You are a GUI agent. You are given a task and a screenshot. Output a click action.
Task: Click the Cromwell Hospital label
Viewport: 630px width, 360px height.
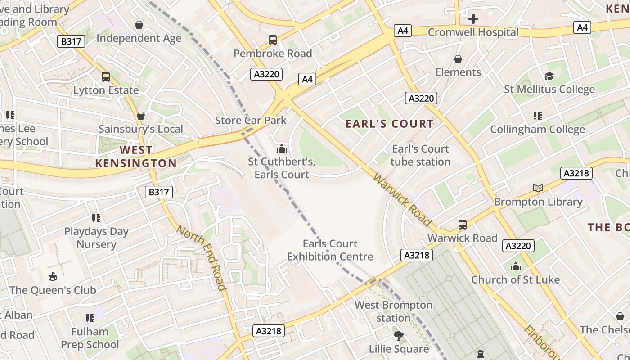[473, 32]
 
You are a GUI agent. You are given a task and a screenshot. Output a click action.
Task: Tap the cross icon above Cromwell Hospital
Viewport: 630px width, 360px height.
[473, 19]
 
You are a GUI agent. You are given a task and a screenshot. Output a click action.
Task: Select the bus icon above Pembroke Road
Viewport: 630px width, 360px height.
[273, 40]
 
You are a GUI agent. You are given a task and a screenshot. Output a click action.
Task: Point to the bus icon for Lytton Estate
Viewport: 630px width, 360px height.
[106, 77]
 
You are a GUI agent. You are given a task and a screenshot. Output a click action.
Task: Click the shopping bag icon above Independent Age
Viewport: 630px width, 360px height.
[139, 24]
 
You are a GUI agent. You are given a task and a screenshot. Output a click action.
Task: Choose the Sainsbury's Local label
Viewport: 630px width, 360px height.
[140, 129]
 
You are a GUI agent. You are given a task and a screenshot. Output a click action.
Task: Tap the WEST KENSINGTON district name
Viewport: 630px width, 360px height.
[136, 157]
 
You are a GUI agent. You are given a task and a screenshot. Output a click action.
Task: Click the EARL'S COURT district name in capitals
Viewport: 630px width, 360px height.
[390, 124]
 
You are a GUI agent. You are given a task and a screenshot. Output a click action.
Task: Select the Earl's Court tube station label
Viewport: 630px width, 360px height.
[420, 155]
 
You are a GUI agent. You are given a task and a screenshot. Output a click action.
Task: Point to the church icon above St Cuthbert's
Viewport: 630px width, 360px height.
[282, 148]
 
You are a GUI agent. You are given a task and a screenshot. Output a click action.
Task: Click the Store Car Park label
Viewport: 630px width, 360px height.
[251, 120]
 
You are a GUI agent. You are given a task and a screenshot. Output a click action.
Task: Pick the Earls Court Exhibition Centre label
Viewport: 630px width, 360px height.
[330, 250]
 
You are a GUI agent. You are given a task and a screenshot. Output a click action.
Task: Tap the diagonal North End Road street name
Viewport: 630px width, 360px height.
[201, 257]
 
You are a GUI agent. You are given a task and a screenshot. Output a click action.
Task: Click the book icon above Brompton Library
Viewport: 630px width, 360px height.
[538, 188]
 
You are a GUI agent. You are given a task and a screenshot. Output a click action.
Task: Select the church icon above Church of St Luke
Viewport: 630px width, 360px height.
[516, 266]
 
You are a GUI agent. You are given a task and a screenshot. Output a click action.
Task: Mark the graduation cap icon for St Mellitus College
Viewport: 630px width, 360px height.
[549, 76]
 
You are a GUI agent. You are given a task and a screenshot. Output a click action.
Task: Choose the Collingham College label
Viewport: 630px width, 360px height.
[537, 130]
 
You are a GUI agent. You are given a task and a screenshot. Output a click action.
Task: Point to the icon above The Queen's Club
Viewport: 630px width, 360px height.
[53, 276]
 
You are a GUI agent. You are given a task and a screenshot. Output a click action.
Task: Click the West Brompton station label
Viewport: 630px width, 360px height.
[393, 311]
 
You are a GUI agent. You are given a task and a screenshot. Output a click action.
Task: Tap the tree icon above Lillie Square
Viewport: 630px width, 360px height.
[399, 335]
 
